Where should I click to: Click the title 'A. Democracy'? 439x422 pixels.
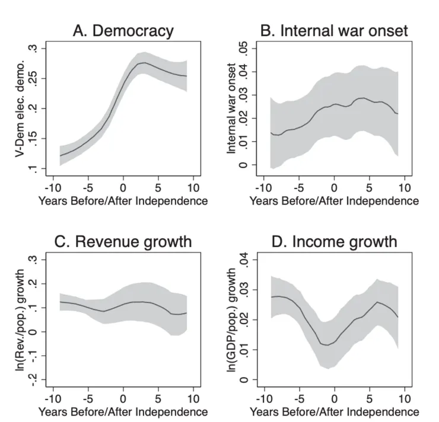(123, 31)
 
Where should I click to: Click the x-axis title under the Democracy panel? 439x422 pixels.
(123, 200)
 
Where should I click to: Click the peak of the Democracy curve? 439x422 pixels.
(144, 62)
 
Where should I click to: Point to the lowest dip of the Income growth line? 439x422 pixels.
(327, 345)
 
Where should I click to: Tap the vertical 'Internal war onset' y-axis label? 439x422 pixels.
(231, 110)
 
